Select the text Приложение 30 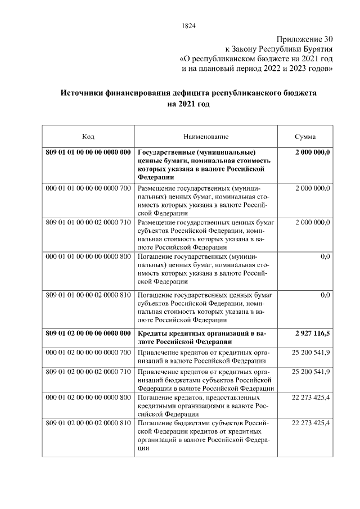(x=304, y=39)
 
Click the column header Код (x=88, y=137)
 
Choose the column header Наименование (x=206, y=137)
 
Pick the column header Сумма (x=305, y=137)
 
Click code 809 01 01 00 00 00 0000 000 (x=88, y=152)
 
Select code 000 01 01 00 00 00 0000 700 (x=88, y=187)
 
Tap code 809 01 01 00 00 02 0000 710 (x=88, y=222)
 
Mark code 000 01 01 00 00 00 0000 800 (x=88, y=257)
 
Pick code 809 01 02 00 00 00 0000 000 (x=88, y=334)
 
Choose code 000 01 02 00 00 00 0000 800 (x=88, y=397)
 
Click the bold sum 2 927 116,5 (x=312, y=334)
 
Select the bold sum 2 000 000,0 (x=312, y=152)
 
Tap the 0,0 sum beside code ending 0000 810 (x=325, y=295)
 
